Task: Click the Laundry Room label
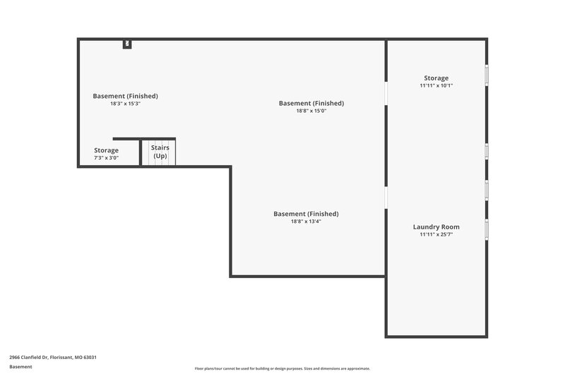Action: coord(436,226)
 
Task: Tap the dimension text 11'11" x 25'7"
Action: coord(436,234)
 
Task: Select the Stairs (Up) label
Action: coord(160,151)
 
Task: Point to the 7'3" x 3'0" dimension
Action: coord(107,158)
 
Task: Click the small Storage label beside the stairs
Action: coord(107,150)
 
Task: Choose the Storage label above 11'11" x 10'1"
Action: coord(436,78)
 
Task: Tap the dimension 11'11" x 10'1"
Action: coord(436,85)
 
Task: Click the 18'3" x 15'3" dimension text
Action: coord(125,104)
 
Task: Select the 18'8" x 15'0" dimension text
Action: coord(311,111)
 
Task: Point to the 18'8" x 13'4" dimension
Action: coord(306,222)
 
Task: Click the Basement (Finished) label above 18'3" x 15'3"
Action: coord(125,96)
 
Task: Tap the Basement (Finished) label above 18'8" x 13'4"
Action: coord(306,214)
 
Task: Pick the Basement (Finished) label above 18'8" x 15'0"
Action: coord(311,103)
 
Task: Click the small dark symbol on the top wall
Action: coord(127,44)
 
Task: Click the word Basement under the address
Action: coord(20,367)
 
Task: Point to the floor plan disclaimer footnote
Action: coord(282,368)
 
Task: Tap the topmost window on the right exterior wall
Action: coord(486,75)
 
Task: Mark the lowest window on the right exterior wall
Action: coord(486,229)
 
